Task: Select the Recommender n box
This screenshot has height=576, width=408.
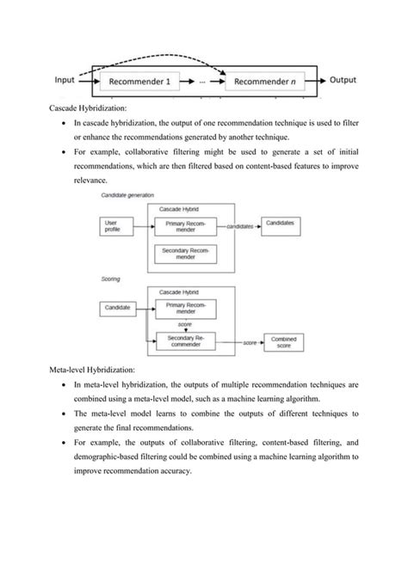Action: point(265,83)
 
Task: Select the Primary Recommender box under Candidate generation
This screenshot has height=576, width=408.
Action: point(185,225)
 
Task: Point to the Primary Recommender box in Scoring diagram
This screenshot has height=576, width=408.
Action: point(185,307)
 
